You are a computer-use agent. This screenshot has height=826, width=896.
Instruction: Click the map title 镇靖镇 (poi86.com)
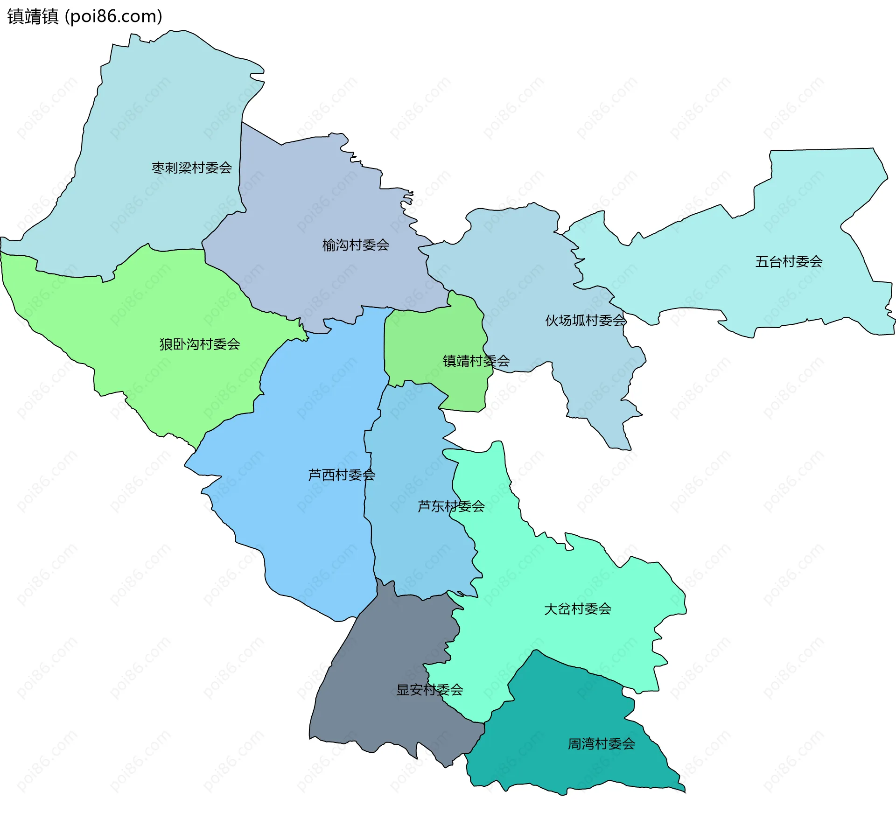(85, 16)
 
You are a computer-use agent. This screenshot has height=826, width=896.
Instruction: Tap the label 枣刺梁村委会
(192, 168)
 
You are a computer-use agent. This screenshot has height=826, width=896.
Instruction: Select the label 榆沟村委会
(356, 245)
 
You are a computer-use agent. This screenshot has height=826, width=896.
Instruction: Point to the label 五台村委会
(789, 261)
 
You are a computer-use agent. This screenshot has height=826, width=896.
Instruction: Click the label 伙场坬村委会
(586, 321)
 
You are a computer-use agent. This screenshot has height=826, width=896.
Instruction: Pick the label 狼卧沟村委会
(200, 344)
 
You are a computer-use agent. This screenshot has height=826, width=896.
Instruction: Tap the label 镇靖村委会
(476, 361)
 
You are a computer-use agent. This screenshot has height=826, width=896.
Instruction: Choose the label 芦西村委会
(342, 475)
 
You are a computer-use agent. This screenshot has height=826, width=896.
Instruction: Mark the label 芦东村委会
(451, 506)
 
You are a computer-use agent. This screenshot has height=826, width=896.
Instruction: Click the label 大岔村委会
(578, 609)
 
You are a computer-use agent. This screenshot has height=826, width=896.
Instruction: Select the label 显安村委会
(429, 690)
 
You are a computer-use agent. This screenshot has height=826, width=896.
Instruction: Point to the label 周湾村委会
(601, 744)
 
